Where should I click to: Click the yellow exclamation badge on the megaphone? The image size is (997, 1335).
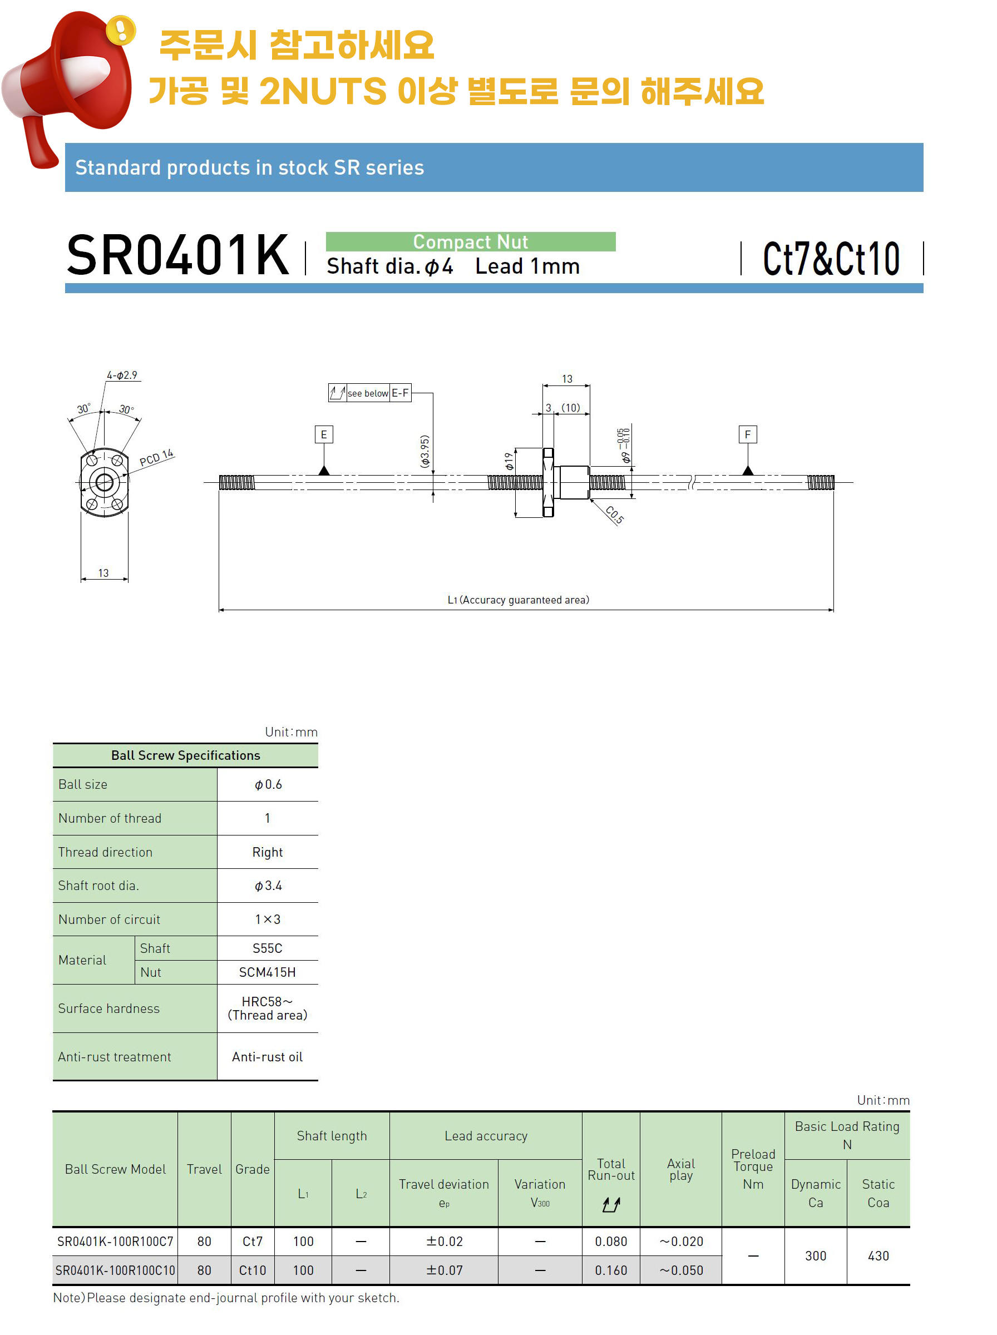click(x=121, y=29)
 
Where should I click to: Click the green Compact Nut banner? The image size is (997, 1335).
click(x=470, y=241)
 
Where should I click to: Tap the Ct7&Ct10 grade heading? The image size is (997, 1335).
click(x=831, y=259)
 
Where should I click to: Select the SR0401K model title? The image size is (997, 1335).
click(x=177, y=255)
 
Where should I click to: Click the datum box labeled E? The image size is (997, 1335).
click(x=324, y=434)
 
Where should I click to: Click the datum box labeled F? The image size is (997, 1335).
click(x=748, y=434)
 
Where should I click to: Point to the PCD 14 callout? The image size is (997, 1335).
click(x=156, y=458)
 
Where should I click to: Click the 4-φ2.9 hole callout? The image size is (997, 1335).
click(x=122, y=375)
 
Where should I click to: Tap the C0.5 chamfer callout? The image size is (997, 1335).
click(x=614, y=515)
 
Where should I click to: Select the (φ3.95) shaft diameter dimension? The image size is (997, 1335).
click(x=425, y=451)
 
